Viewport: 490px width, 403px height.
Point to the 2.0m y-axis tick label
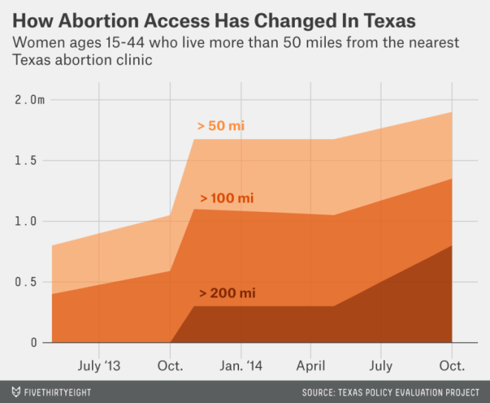pyautogui.click(x=27, y=100)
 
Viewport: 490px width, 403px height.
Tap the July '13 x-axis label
pyautogui.click(x=99, y=367)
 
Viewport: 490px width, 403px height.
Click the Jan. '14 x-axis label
pyautogui.click(x=241, y=367)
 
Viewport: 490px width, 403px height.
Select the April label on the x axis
pyautogui.click(x=310, y=367)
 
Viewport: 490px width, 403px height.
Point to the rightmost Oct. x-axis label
pyautogui.click(x=451, y=367)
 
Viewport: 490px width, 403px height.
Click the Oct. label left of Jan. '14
pyautogui.click(x=170, y=367)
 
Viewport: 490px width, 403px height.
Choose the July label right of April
pyautogui.click(x=381, y=367)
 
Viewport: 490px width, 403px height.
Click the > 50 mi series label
pyautogui.click(x=220, y=126)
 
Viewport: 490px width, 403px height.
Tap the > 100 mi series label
pyautogui.click(x=226, y=199)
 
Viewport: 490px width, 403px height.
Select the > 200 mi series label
pyautogui.click(x=226, y=293)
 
